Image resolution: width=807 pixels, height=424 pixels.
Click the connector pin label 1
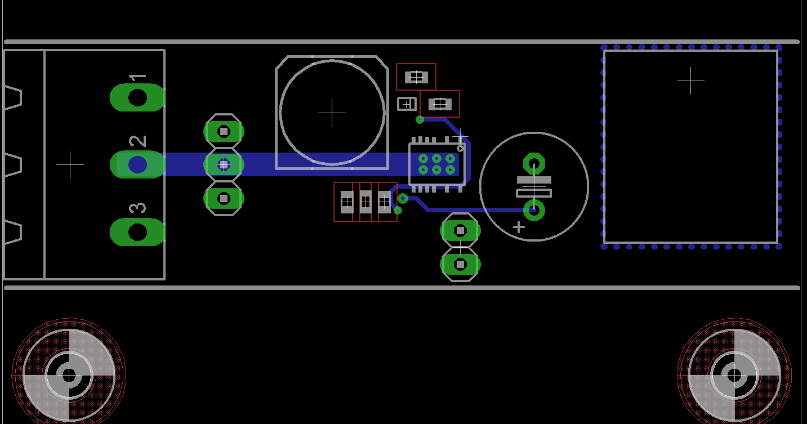point(137,78)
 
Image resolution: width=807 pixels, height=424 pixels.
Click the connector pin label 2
point(137,141)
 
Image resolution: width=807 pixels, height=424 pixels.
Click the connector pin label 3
point(137,208)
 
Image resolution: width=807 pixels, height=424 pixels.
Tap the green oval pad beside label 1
point(137,97)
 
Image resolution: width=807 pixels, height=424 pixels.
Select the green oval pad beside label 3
point(137,232)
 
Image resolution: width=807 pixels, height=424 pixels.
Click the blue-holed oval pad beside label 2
point(137,164)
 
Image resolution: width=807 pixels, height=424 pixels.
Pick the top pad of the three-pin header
point(224,132)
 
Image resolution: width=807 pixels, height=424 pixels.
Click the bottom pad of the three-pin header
point(224,199)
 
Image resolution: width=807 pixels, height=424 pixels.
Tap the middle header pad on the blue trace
point(224,165)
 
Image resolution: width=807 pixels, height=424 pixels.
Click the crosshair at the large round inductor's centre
point(332,113)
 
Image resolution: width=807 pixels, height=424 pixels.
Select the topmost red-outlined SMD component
point(416,77)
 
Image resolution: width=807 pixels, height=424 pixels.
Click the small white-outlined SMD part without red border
point(407,104)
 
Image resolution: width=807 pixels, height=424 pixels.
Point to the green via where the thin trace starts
point(420,119)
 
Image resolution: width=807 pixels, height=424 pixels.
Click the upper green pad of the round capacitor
point(534,163)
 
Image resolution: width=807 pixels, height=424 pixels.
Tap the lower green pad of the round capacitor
point(534,210)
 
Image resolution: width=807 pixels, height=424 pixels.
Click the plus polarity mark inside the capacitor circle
point(519,227)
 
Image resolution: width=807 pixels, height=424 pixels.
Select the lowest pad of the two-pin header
point(460,265)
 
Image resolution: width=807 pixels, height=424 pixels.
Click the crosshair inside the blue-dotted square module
point(690,81)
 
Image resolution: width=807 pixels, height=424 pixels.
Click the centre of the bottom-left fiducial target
point(69,376)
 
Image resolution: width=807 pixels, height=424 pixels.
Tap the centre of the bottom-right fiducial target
point(734,376)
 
